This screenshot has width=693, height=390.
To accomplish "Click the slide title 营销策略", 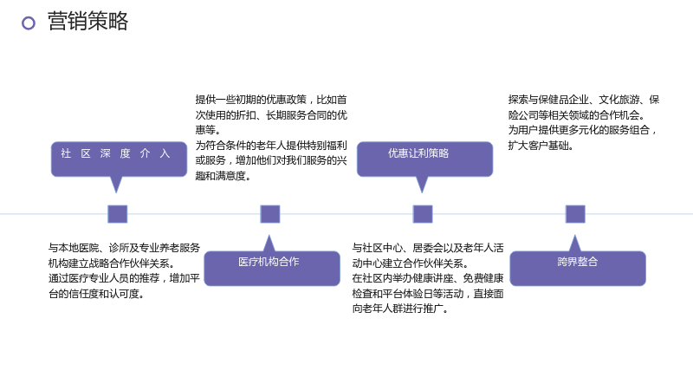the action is [x=87, y=21].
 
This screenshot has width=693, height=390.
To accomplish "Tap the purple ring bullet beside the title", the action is [x=29, y=23].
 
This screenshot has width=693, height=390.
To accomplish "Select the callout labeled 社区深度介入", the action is [x=119, y=159].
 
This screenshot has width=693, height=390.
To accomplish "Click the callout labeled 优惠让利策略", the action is [x=424, y=159].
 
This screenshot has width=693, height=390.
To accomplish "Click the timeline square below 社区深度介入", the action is [x=118, y=214].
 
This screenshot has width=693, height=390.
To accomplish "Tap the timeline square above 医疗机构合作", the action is [x=270, y=214].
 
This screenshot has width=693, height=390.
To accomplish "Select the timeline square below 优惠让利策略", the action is [x=423, y=214].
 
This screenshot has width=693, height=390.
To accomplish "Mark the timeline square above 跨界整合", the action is [x=575, y=214].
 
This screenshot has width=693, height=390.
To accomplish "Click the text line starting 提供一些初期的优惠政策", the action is [x=271, y=100].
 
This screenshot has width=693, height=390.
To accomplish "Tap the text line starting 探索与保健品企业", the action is [x=583, y=100].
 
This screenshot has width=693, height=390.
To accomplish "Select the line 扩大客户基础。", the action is [x=541, y=146].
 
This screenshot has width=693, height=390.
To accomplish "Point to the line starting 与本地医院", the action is [x=124, y=248].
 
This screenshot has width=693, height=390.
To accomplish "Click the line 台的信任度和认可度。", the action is [x=96, y=294].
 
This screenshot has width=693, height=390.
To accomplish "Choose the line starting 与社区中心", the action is [x=428, y=248].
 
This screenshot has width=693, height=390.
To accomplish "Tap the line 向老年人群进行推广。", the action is [x=400, y=309].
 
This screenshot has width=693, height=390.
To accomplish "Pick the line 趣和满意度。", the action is [x=223, y=176].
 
